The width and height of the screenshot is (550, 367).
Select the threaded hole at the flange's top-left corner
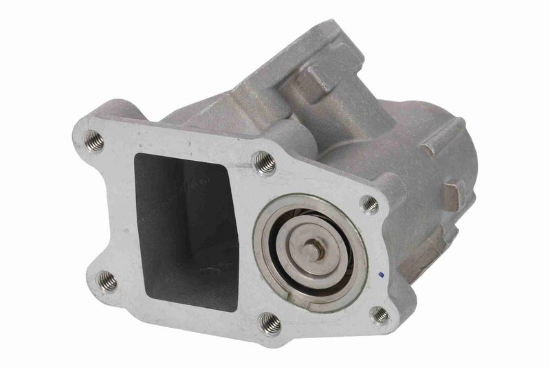point(94,141)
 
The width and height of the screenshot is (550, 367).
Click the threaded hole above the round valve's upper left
point(265,162)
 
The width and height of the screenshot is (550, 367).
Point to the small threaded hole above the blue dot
point(370,204)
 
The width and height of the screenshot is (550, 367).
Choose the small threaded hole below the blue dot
point(379,315)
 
